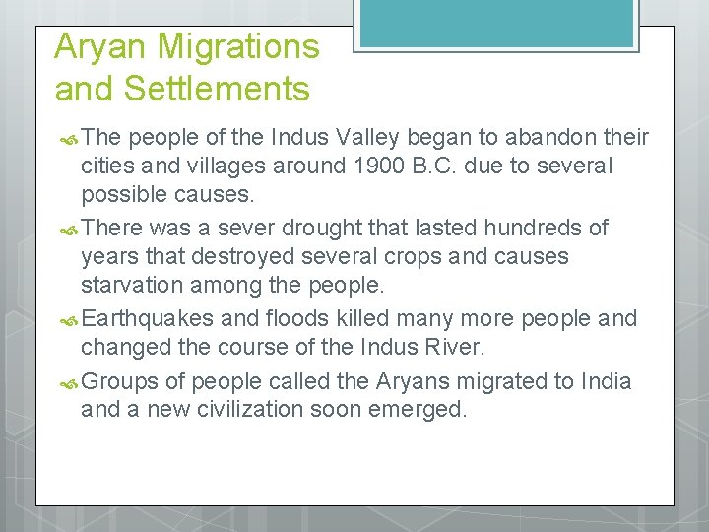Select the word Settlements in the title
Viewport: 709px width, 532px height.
217,89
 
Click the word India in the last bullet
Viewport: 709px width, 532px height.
606,380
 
